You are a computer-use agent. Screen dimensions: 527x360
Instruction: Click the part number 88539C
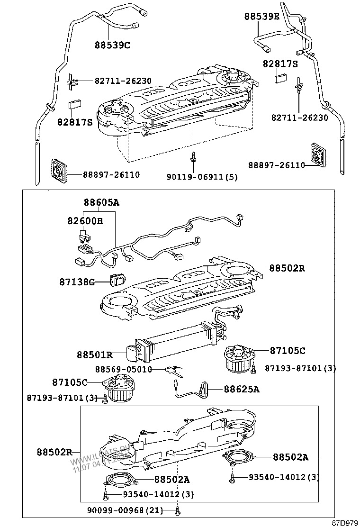[112, 45]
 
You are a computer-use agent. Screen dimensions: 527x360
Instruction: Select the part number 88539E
[262, 17]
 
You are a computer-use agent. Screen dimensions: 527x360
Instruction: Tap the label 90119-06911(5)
[202, 177]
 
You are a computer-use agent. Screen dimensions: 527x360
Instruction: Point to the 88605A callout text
[101, 202]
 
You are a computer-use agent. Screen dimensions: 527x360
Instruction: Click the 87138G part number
[77, 282]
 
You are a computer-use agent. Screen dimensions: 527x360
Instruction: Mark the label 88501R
[95, 354]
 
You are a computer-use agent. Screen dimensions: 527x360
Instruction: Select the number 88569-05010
[123, 370]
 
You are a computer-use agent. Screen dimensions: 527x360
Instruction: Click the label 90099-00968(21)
[125, 510]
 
